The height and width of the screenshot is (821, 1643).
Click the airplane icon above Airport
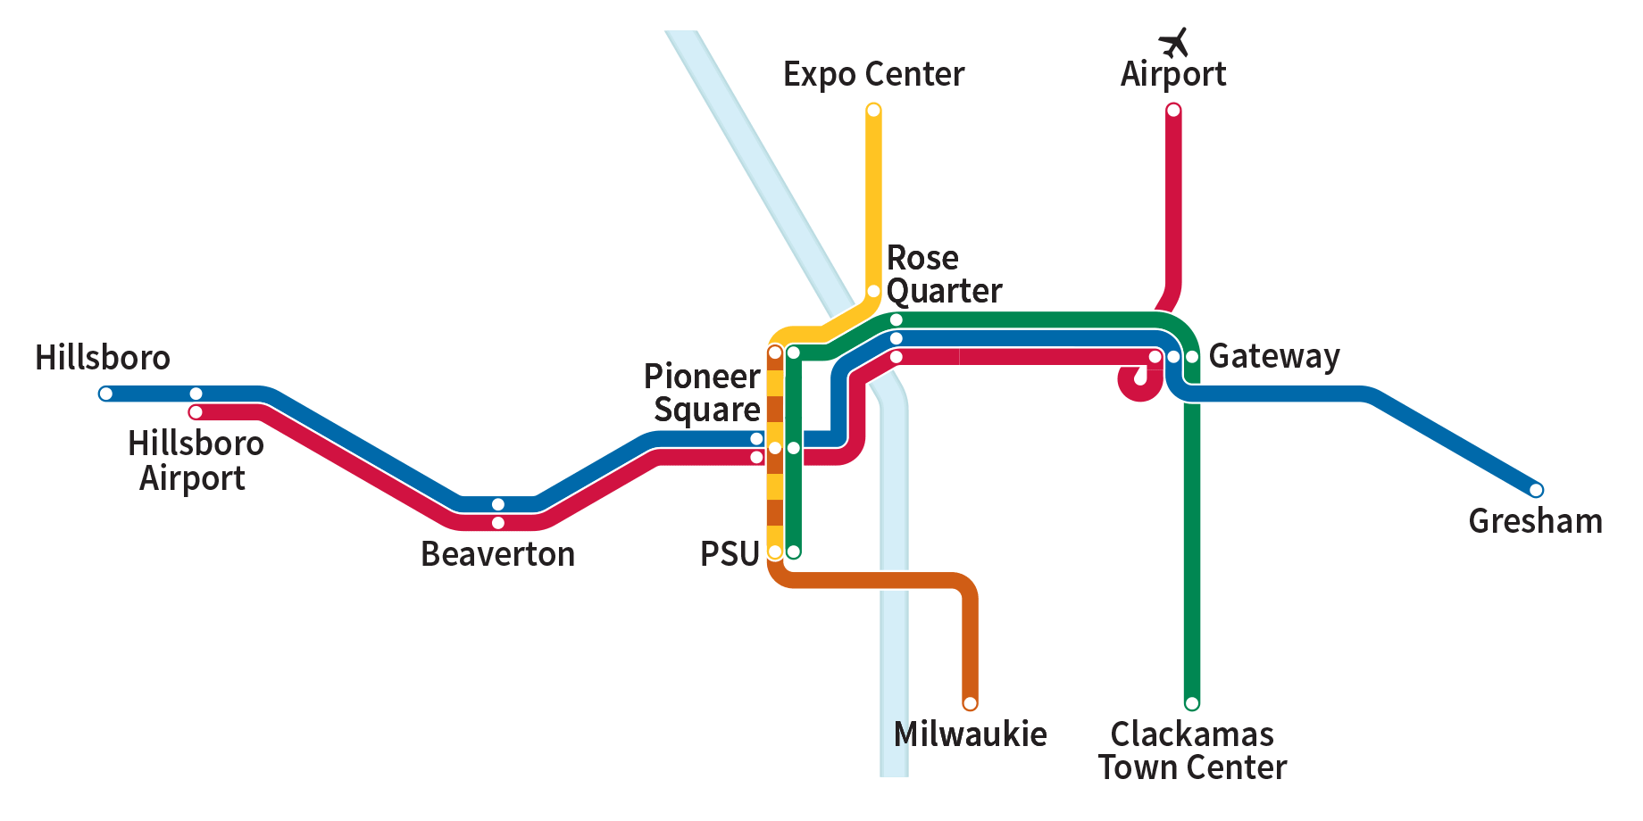[x=1173, y=42]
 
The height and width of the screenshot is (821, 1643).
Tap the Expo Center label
[x=873, y=74]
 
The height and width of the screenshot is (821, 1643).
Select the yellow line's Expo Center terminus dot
[x=873, y=110]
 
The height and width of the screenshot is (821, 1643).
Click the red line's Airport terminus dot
[x=1173, y=110]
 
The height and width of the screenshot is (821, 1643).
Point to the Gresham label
[x=1535, y=521]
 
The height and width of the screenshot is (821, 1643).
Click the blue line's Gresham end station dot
[x=1536, y=490]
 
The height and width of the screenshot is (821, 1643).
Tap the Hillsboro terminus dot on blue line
[x=105, y=394]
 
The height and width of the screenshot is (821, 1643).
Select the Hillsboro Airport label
[x=196, y=460]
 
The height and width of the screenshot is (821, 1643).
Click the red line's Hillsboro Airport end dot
[x=196, y=412]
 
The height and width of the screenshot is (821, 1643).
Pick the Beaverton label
[x=497, y=554]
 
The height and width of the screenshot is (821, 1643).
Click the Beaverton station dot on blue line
[x=498, y=504]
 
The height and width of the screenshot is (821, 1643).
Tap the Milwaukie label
[x=970, y=734]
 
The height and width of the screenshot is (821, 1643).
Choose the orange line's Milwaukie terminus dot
[x=970, y=703]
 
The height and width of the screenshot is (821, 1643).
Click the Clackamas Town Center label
[x=1192, y=751]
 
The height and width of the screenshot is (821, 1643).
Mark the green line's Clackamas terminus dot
[x=1191, y=703]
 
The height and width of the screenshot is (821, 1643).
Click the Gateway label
[x=1274, y=356]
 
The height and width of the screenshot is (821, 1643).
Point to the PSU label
[x=730, y=554]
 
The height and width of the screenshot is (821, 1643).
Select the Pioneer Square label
[x=703, y=393]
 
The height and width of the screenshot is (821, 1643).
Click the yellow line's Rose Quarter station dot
[x=873, y=292]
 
